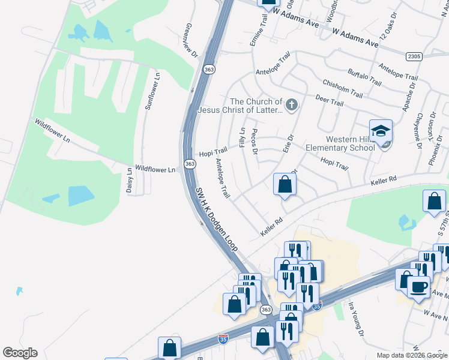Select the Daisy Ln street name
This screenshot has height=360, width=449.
(x=129, y=179)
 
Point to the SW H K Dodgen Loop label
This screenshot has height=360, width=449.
(x=217, y=219)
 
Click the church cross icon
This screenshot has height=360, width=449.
(x=291, y=106)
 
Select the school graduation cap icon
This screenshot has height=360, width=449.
(x=381, y=131)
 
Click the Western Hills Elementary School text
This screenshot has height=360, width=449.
(x=340, y=143)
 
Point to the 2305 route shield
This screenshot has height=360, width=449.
(x=414, y=56)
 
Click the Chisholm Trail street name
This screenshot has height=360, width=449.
(x=343, y=89)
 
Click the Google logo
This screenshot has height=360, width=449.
(x=20, y=353)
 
